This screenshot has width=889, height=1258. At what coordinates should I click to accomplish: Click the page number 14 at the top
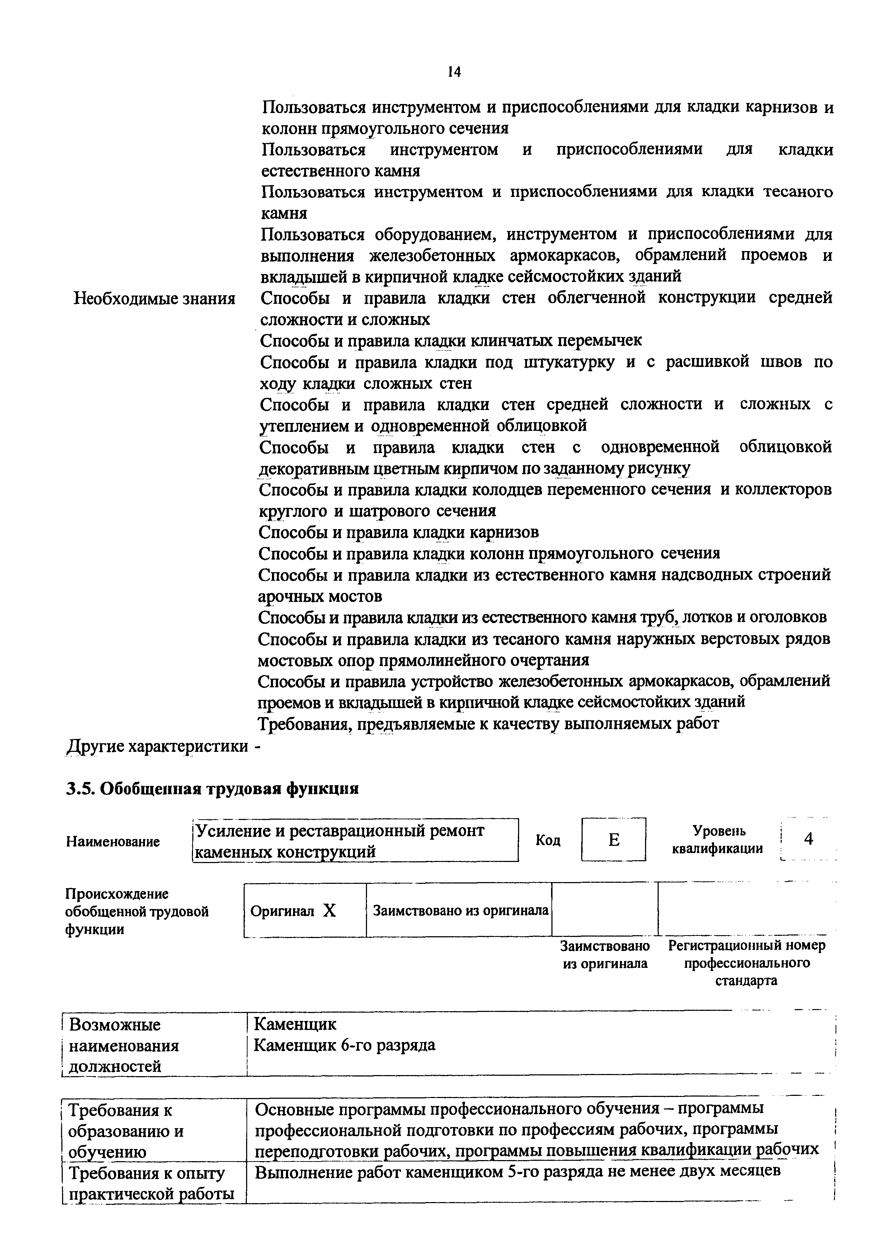[x=454, y=72]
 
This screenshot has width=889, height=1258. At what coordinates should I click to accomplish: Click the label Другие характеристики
[x=157, y=746]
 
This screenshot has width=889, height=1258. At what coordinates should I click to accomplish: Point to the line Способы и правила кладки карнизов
[x=399, y=532]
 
